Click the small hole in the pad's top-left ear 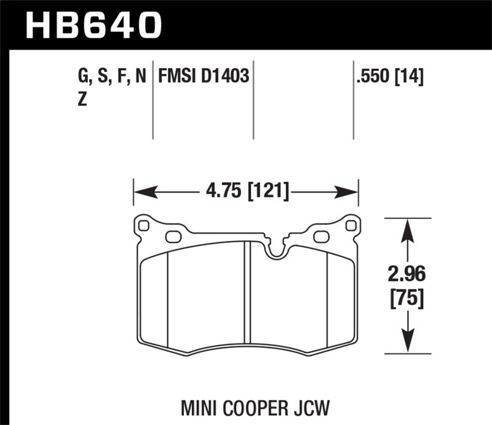(x=144, y=226)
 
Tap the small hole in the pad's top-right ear (x=351, y=226)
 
